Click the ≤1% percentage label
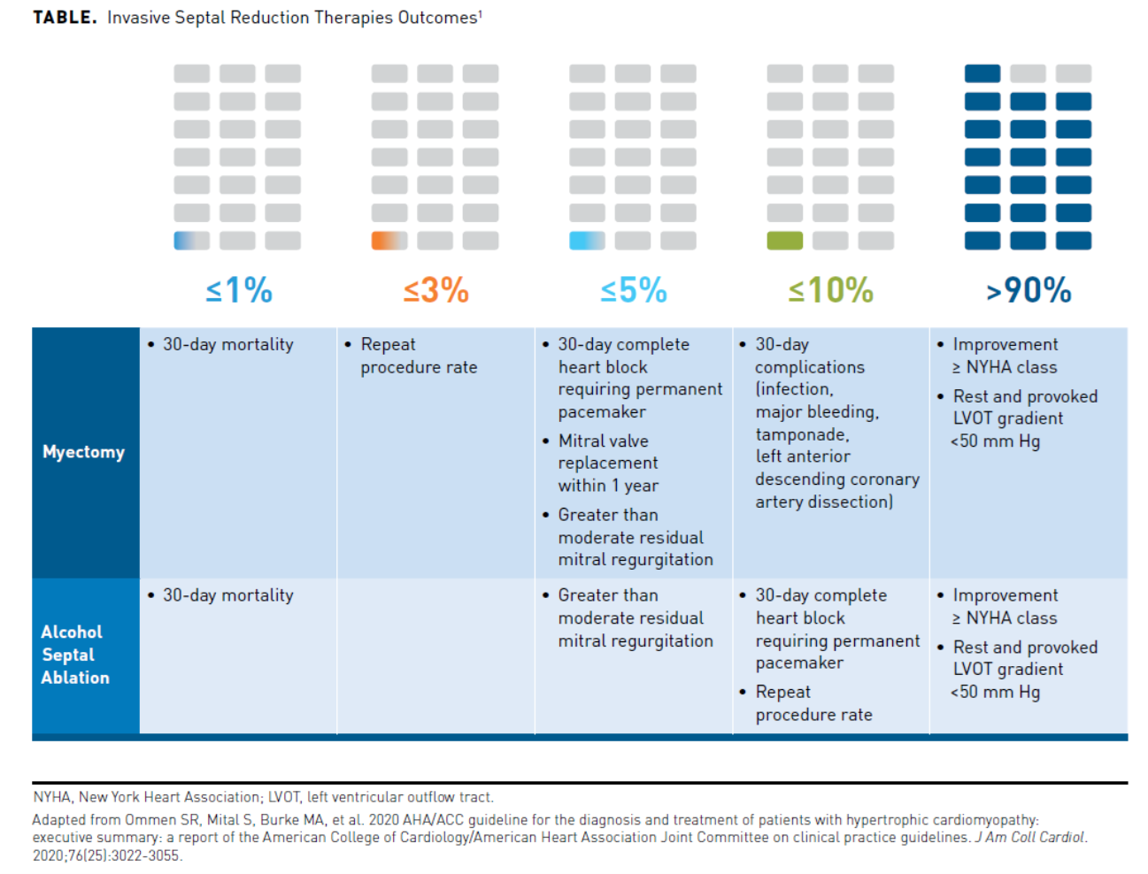coord(239,290)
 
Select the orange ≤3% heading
coord(436,290)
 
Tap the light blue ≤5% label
coord(634,290)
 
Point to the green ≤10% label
coord(831,290)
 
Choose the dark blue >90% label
coord(1029,290)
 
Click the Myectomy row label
coord(84,452)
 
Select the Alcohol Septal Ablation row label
coord(75,655)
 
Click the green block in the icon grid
coord(785,241)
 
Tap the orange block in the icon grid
coord(389,241)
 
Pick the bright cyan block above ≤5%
coord(588,241)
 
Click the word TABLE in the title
coord(65,18)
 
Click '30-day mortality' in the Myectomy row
coord(227,345)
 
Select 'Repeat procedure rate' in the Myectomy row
coord(418,356)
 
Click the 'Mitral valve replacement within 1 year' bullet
coord(608,463)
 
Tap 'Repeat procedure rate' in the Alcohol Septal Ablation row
coord(813,703)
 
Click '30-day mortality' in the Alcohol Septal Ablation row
coord(227,596)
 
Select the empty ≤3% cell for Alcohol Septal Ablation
coord(435,655)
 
